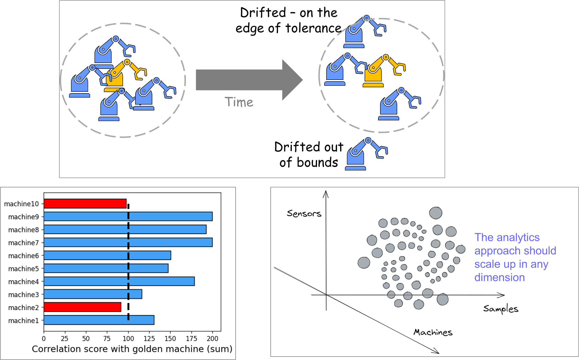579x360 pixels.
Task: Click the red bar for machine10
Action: pyautogui.click(x=85, y=203)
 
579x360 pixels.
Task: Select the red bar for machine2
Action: pyautogui.click(x=82, y=307)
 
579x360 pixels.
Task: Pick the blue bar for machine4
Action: pyautogui.click(x=119, y=281)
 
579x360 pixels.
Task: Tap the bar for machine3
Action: pyautogui.click(x=93, y=294)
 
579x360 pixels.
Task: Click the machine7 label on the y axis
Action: pyautogui.click(x=23, y=243)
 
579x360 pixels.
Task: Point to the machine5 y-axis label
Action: pyautogui.click(x=23, y=269)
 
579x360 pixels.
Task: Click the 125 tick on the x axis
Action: pyautogui.click(x=149, y=339)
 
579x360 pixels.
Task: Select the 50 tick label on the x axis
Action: pyautogui.click(x=86, y=339)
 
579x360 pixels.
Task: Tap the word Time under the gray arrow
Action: pyautogui.click(x=239, y=102)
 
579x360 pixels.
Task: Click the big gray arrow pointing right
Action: pyautogui.click(x=249, y=80)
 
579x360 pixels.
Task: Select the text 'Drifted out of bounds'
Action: pyautogui.click(x=309, y=155)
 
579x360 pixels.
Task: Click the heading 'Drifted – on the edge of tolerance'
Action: pyautogui.click(x=288, y=20)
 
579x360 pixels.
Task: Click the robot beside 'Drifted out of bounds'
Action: pyautogui.click(x=366, y=154)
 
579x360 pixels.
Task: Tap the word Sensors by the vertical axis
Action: pyautogui.click(x=304, y=214)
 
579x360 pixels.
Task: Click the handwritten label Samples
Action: pyautogui.click(x=501, y=309)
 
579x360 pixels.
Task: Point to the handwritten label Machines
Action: pyautogui.click(x=433, y=332)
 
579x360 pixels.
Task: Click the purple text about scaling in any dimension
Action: pyautogui.click(x=515, y=257)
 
